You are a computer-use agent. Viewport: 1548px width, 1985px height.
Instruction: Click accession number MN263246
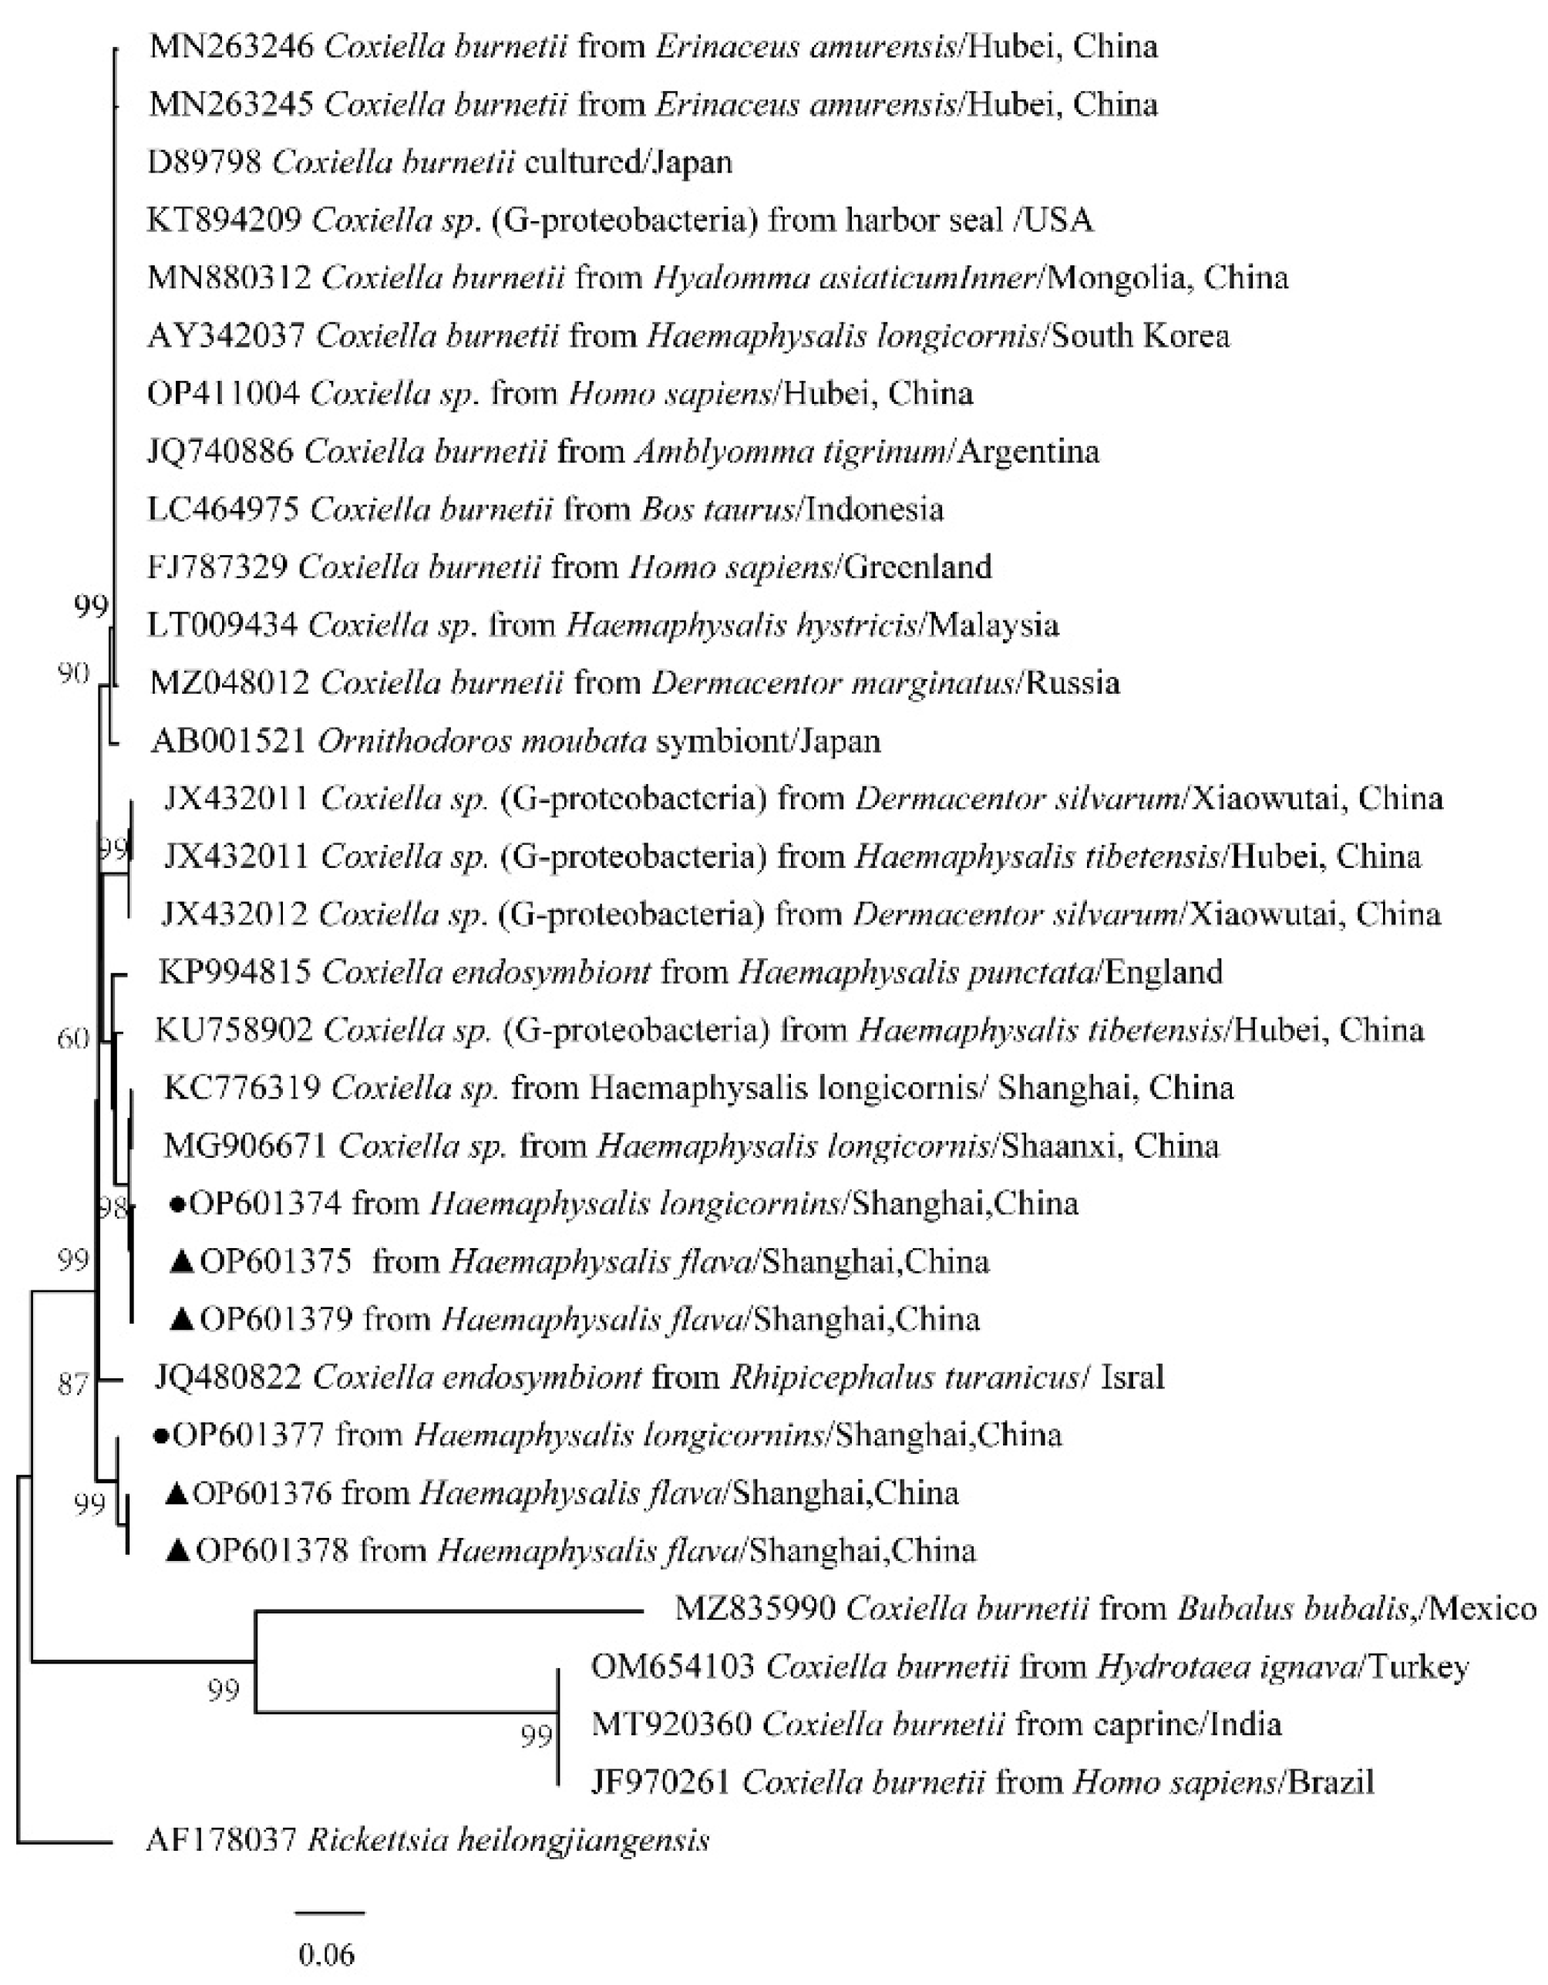tap(231, 46)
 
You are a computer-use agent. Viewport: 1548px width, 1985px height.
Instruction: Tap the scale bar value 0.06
tap(326, 1950)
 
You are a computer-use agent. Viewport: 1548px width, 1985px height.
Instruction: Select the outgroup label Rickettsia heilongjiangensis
tap(508, 1841)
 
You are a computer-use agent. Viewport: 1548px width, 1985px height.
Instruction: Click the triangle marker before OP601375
tap(182, 1263)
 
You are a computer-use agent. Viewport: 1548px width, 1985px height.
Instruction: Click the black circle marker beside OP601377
tap(161, 1436)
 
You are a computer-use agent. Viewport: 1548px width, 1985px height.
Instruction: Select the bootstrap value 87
tap(72, 1384)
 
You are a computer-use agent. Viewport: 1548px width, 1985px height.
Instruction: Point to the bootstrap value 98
tap(113, 1209)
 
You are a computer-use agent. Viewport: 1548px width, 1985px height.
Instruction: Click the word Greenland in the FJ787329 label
tap(917, 567)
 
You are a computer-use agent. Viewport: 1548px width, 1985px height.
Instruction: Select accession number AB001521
tap(228, 742)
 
